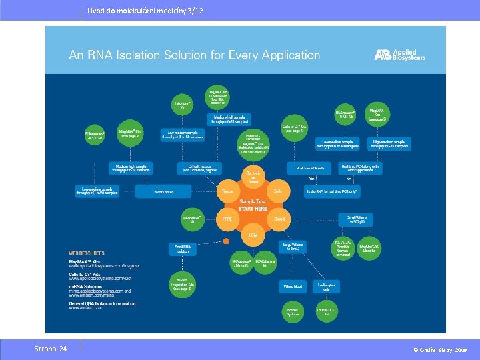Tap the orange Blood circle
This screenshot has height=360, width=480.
pyautogui.click(x=279, y=218)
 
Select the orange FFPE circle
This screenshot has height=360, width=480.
pyautogui.click(x=227, y=218)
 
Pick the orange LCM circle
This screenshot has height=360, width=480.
pyautogui.click(x=253, y=235)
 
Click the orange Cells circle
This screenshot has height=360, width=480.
pyautogui.click(x=279, y=191)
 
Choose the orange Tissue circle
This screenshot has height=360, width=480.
pyautogui.click(x=227, y=191)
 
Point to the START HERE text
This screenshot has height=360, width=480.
pyautogui.click(x=253, y=209)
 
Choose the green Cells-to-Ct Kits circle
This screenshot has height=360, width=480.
pyautogui.click(x=294, y=127)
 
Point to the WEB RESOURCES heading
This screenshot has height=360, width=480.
pyautogui.click(x=87, y=253)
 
